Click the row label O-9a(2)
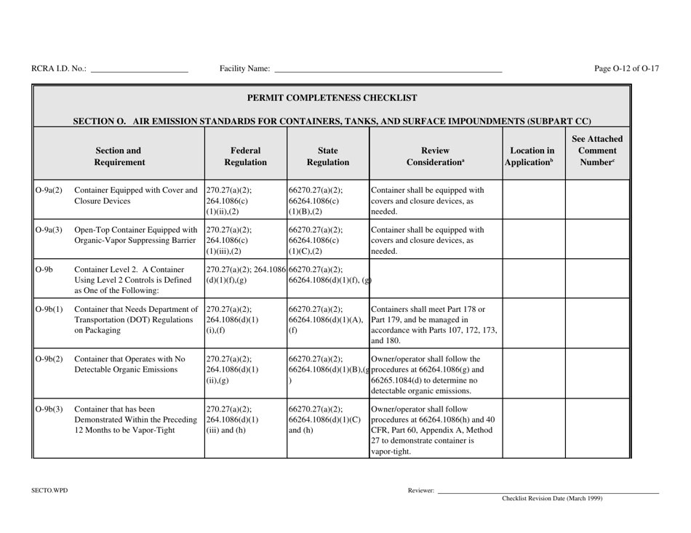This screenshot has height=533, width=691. click(x=49, y=192)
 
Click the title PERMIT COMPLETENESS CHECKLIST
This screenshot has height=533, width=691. click(x=332, y=97)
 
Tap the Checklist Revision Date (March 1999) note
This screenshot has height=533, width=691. click(x=552, y=499)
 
